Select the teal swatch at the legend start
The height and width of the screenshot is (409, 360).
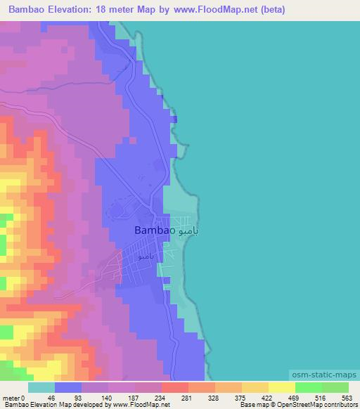[x=41, y=387]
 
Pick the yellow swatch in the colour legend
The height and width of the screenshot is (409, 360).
[x=281, y=387]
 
